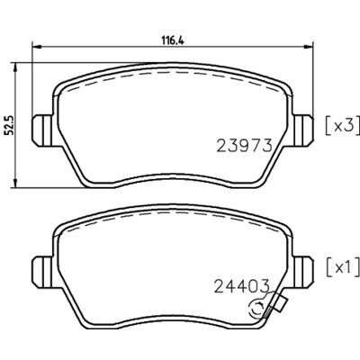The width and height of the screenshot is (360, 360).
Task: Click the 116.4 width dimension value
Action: click(x=173, y=40)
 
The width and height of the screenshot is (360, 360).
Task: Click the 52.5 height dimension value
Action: click(x=8, y=125)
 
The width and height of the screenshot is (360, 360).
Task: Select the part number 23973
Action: click(x=244, y=146)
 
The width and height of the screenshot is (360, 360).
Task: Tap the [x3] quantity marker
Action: click(x=342, y=126)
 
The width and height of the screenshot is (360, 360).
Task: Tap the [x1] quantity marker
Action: click(x=342, y=266)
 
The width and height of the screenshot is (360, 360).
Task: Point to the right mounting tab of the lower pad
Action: click(x=303, y=272)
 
